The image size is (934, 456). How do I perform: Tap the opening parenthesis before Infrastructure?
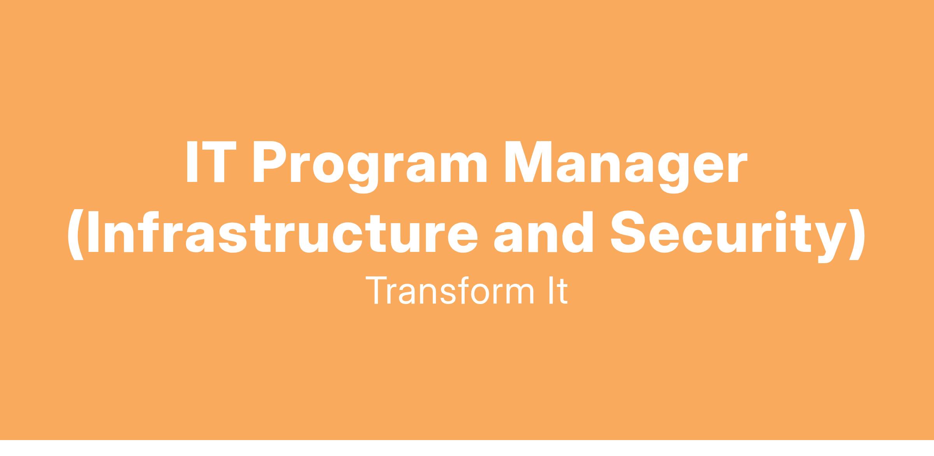(x=76, y=236)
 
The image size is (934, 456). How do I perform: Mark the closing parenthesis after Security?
(x=858, y=236)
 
